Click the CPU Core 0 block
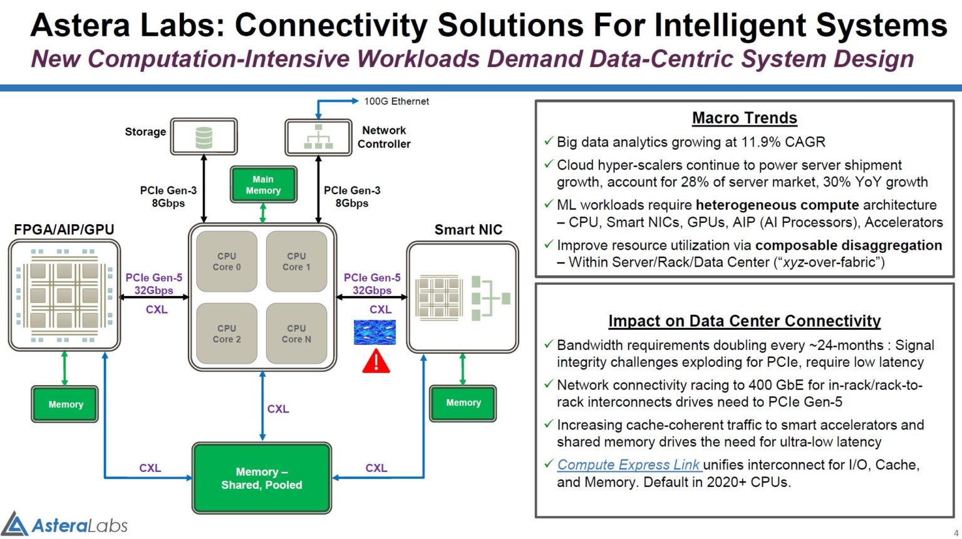227,262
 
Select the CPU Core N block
296,334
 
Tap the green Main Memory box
263,185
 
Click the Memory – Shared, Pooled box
262,478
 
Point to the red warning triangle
376,362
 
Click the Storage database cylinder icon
204,137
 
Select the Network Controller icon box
318,137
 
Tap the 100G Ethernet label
396,101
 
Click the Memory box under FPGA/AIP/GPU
65,404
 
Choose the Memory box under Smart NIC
463,403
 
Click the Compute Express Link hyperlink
628,465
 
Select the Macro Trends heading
744,118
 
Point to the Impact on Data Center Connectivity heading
744,321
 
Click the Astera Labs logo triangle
14,525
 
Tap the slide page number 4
956,533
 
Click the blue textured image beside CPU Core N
375,332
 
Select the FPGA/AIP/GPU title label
64,230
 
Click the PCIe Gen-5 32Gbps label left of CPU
153,284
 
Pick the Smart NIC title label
468,230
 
